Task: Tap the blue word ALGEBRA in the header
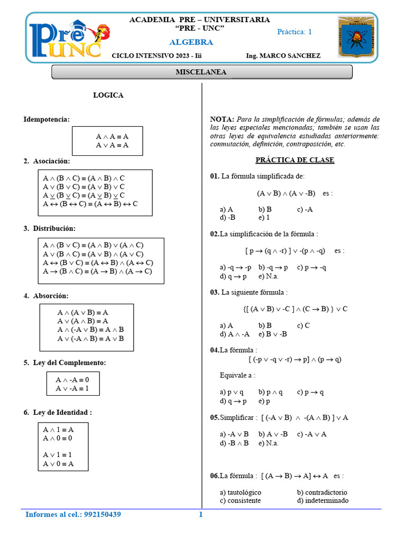click(x=191, y=42)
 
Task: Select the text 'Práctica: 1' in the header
click(x=294, y=32)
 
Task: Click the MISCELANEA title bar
click(x=201, y=72)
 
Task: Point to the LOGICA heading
click(x=108, y=96)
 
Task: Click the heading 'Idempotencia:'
click(x=47, y=119)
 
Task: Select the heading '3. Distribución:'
click(x=49, y=228)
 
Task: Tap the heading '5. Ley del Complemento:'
click(x=64, y=362)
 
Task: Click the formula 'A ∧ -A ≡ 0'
click(x=72, y=379)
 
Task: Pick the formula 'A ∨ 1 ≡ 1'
click(x=58, y=454)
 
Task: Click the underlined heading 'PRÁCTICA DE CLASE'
click(x=295, y=160)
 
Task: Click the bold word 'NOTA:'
click(x=222, y=119)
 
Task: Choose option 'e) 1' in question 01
click(x=264, y=217)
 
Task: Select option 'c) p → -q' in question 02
click(x=311, y=267)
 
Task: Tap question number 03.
click(x=214, y=292)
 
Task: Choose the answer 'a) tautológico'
click(x=241, y=492)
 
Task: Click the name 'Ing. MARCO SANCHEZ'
click(x=283, y=55)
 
